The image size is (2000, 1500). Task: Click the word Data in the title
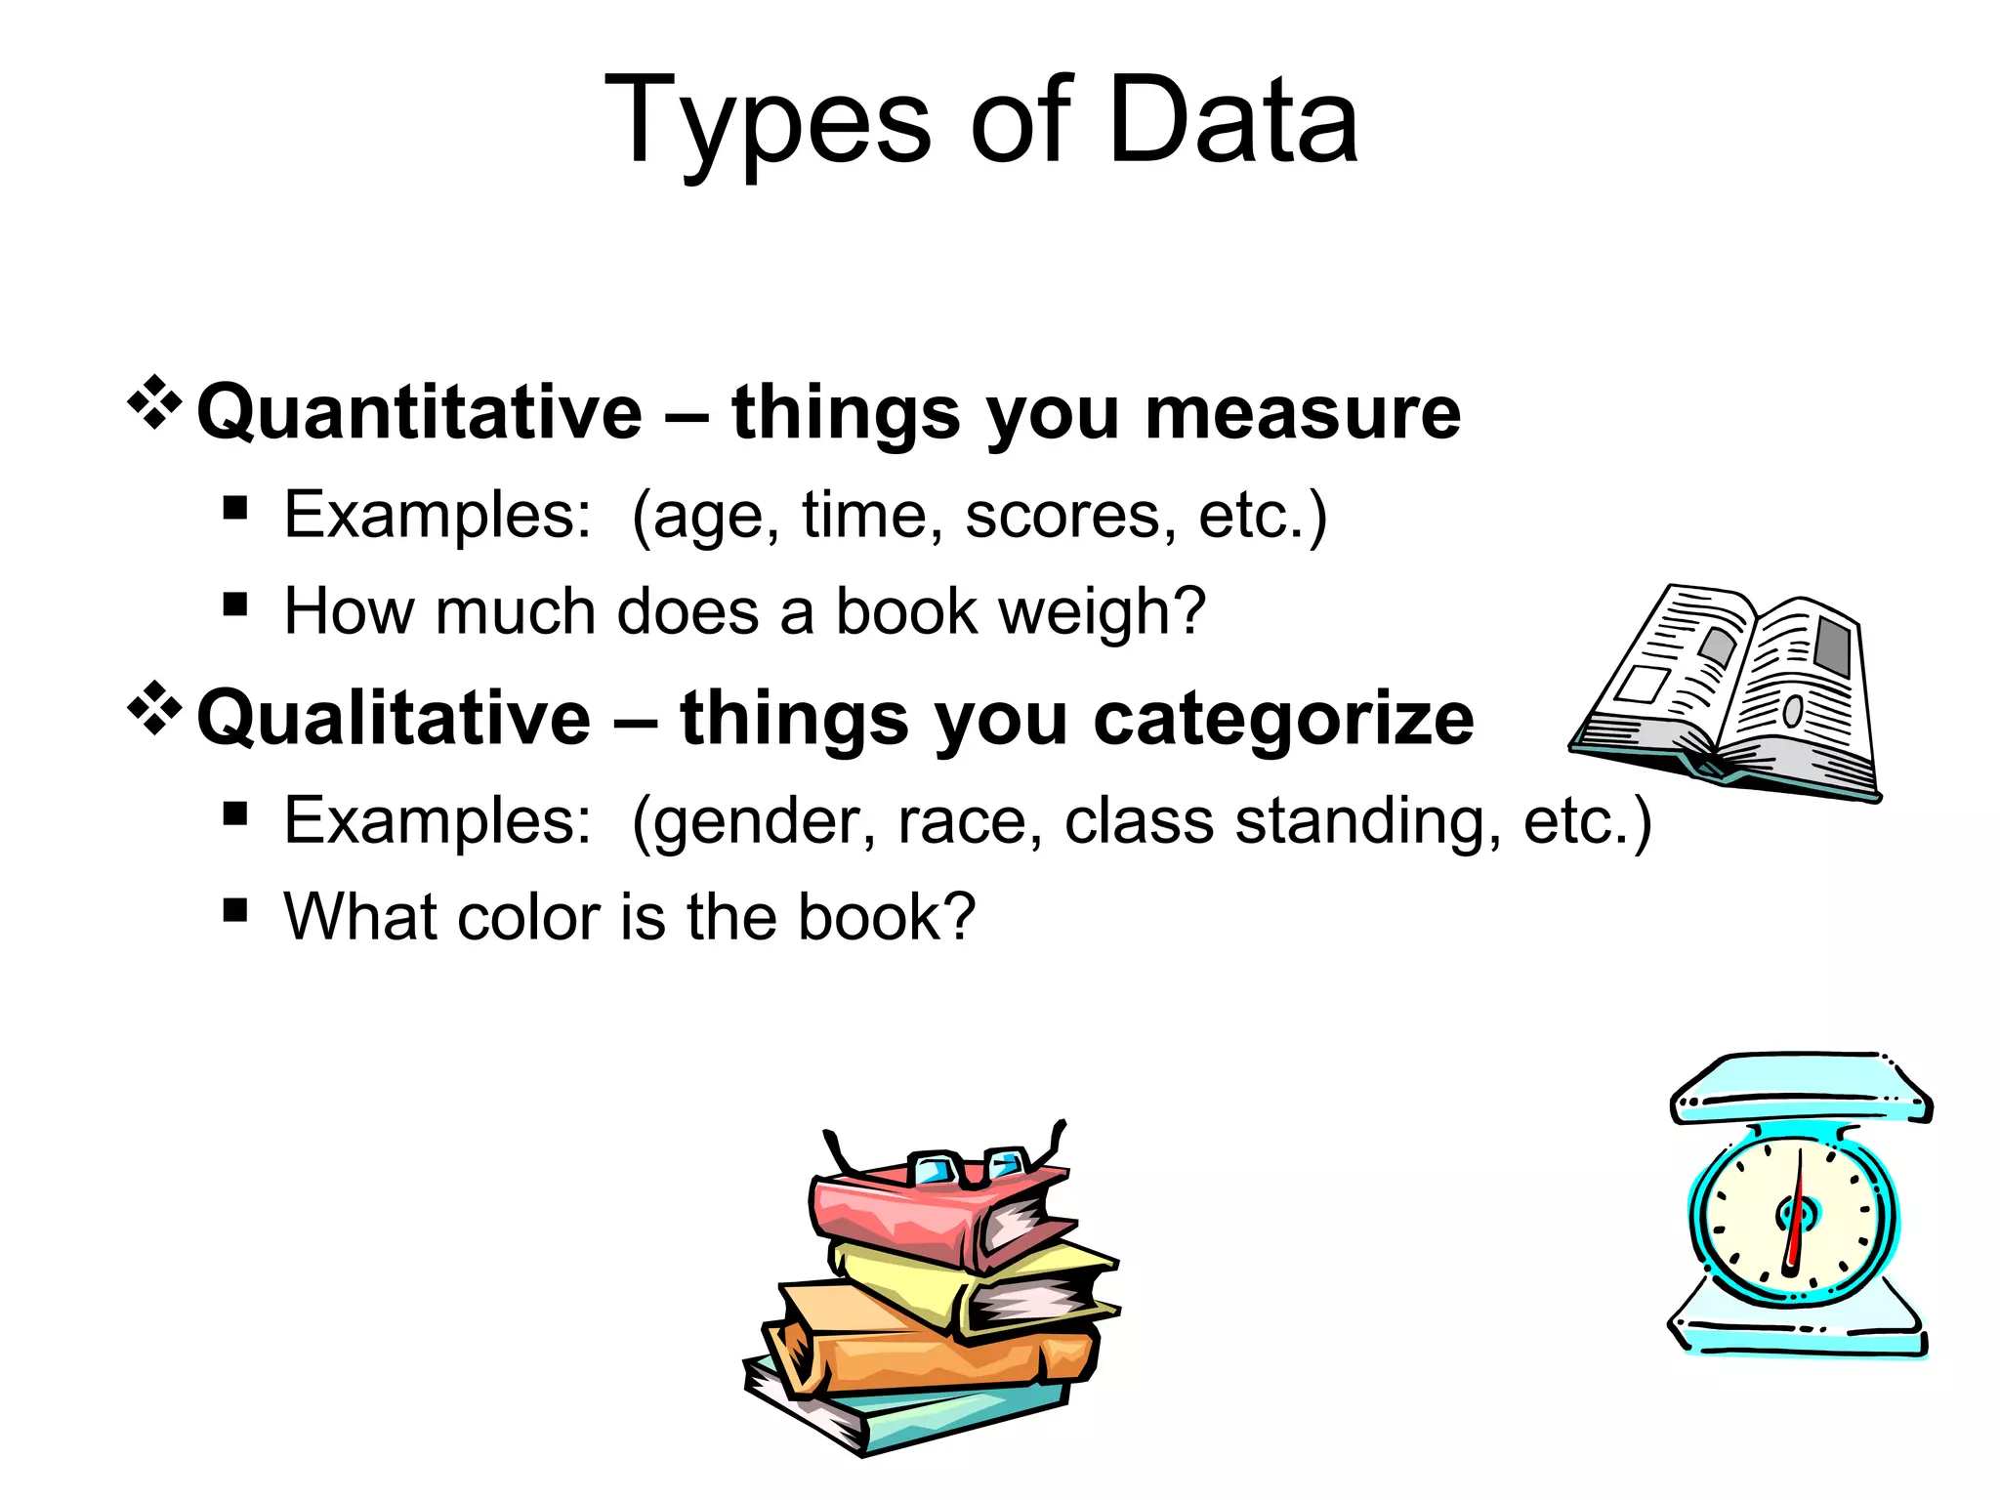point(1233,122)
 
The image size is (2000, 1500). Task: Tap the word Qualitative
point(394,719)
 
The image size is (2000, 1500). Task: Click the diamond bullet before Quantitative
point(154,402)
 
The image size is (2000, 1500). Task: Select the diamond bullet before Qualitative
point(154,707)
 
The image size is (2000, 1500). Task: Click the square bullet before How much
point(234,604)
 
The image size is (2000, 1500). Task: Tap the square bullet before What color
point(234,910)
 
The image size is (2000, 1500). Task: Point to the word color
point(528,918)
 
